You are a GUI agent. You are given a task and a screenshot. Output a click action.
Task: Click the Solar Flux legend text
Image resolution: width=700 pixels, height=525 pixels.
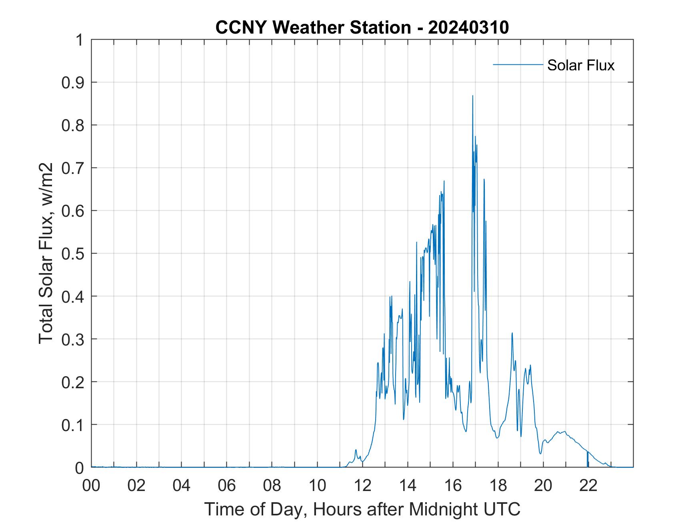[580, 65]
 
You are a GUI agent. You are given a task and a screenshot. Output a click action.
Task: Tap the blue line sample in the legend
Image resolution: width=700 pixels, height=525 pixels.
[518, 64]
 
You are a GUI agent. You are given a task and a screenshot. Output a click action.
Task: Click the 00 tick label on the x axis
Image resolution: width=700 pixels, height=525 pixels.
[91, 485]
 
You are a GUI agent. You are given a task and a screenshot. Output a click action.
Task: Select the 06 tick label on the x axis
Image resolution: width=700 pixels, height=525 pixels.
[227, 485]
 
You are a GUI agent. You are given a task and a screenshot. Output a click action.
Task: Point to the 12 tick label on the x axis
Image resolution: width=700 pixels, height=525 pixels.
[362, 485]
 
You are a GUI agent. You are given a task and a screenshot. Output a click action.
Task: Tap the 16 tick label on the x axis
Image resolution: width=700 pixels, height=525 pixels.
[453, 485]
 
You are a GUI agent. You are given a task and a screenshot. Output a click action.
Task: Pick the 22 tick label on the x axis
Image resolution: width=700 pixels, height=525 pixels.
[588, 485]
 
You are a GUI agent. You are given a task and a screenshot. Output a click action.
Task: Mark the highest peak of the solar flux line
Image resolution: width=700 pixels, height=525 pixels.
[472, 96]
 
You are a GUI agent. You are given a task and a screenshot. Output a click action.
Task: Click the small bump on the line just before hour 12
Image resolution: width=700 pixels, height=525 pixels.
[356, 450]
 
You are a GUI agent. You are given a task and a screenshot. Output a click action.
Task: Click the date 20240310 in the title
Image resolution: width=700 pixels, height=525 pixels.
[468, 28]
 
